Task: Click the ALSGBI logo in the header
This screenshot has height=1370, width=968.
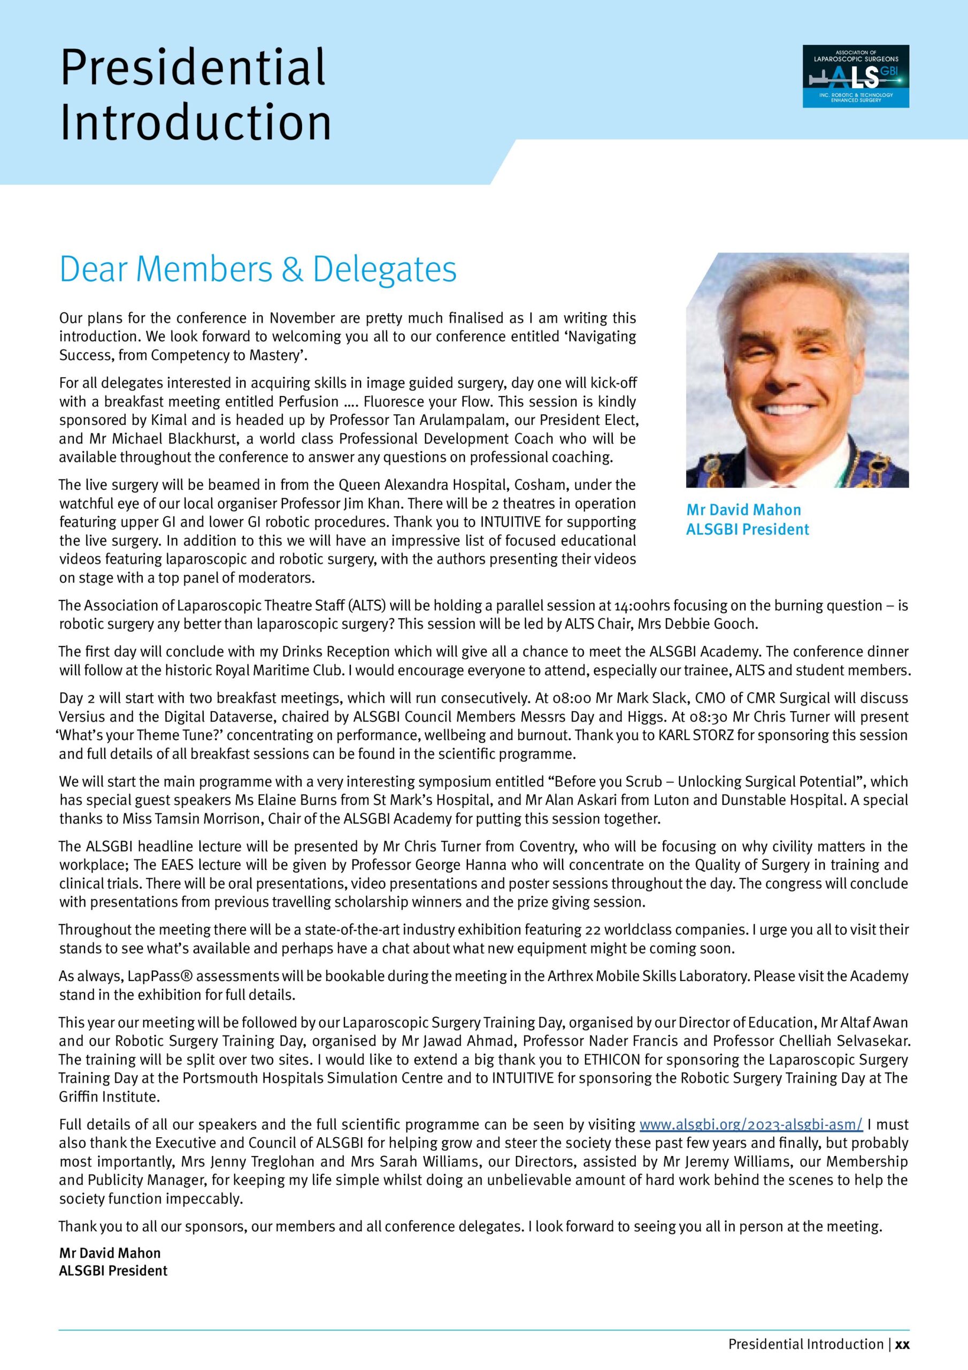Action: click(x=855, y=77)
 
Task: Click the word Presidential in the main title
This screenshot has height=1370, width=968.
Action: click(x=193, y=67)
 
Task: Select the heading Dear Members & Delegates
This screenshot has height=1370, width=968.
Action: click(x=258, y=269)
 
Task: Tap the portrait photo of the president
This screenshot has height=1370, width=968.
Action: click(x=797, y=370)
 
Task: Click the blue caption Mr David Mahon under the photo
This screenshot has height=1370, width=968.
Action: click(x=743, y=510)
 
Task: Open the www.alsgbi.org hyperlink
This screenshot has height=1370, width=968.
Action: click(x=750, y=1125)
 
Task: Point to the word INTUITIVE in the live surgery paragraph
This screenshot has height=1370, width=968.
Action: click(x=511, y=522)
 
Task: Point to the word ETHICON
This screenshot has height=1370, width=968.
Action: click(x=623, y=1060)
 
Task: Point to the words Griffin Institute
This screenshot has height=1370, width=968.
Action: click(x=110, y=1097)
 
